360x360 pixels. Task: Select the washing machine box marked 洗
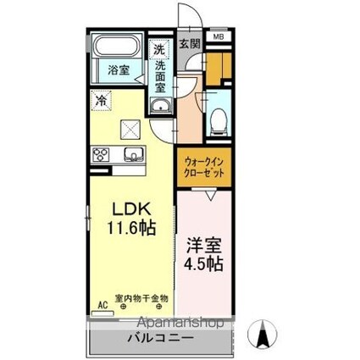(159, 49)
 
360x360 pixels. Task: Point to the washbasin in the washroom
(159, 105)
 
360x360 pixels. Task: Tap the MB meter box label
(219, 37)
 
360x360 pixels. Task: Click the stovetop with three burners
(101, 155)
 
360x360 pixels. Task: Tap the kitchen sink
(133, 154)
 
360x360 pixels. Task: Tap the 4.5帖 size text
(202, 263)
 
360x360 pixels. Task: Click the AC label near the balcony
(102, 299)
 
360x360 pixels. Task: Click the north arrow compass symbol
(263, 335)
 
